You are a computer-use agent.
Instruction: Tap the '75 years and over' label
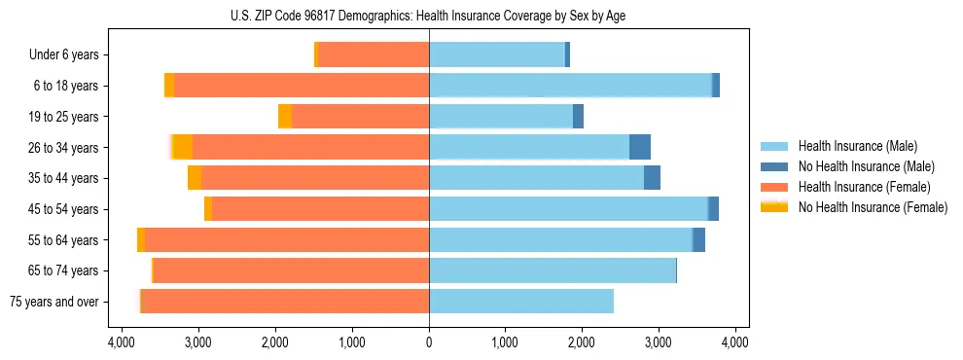53,302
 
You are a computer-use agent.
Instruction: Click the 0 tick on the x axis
429,342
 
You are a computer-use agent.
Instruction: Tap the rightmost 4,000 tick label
734,342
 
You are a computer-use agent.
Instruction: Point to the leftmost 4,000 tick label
122,342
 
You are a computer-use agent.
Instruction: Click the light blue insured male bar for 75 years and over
520,302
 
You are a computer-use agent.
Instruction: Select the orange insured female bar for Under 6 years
374,55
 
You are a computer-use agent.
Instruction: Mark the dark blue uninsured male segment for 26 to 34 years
640,148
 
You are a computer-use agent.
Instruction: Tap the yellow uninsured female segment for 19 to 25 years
285,117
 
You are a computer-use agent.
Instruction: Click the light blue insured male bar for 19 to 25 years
501,117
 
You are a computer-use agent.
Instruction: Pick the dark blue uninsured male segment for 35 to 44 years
653,178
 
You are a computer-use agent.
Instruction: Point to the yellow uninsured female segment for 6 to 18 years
169,86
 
